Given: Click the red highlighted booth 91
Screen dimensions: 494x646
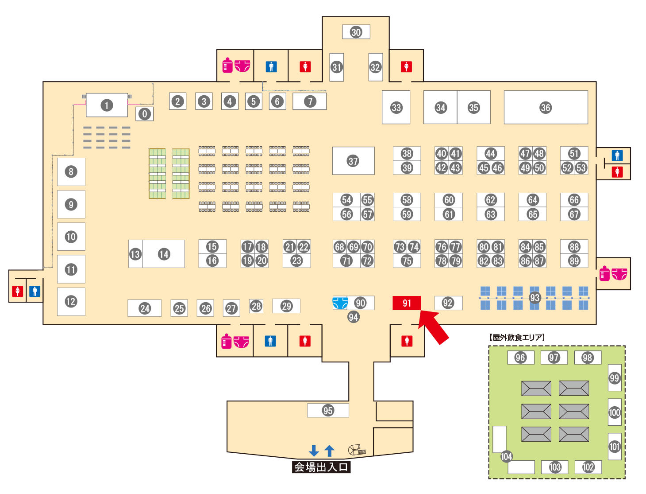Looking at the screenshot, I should click(x=407, y=303).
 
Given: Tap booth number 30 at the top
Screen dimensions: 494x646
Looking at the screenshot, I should click(x=356, y=32).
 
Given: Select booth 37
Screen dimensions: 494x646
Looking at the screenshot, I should click(x=353, y=161).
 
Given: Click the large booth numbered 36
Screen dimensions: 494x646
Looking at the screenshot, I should click(x=546, y=107).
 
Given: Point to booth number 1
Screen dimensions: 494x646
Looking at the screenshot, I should click(x=107, y=105).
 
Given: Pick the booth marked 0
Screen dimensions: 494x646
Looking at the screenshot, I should click(x=145, y=114).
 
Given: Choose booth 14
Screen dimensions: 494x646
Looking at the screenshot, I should click(x=164, y=254).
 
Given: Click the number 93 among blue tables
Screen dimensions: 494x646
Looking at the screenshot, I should click(x=535, y=298).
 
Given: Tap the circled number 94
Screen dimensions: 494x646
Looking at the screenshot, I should click(x=353, y=317).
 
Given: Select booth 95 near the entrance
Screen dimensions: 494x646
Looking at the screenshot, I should click(x=328, y=410).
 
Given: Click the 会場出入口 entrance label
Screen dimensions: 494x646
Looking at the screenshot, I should click(x=321, y=467).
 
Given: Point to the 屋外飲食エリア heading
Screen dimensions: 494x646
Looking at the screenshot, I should click(x=517, y=338).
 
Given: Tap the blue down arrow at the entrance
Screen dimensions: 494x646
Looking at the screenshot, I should click(x=314, y=451).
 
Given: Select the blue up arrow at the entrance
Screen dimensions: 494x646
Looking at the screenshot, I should click(x=329, y=451).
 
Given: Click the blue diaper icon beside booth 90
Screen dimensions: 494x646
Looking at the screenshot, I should click(x=340, y=303).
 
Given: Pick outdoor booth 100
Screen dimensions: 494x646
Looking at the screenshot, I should click(x=615, y=412).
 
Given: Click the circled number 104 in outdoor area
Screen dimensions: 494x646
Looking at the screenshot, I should click(x=506, y=456).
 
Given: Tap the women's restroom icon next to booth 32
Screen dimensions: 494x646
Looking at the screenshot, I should click(x=406, y=66).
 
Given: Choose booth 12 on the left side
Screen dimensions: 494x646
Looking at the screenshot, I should click(x=71, y=302).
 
